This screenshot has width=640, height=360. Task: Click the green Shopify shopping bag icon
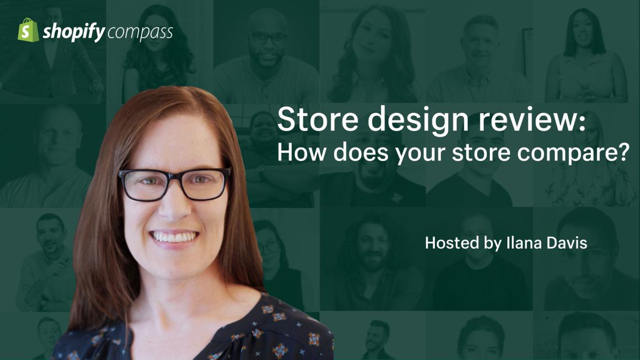(x=28, y=30)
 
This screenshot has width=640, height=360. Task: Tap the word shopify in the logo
(x=74, y=32)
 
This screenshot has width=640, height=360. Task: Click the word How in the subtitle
(x=302, y=152)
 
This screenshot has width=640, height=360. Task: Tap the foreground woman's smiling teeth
(x=174, y=237)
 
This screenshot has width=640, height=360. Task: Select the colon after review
(x=583, y=121)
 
